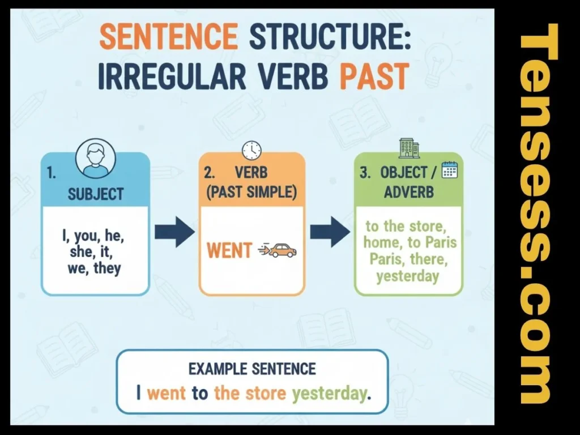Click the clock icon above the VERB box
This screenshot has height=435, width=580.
(x=251, y=150)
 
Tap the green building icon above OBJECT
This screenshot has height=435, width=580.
(x=409, y=148)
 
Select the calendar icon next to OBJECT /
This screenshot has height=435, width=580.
(x=449, y=170)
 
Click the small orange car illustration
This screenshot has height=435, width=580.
(x=281, y=250)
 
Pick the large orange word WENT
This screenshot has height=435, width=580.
(x=229, y=250)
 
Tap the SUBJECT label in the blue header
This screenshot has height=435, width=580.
(x=95, y=194)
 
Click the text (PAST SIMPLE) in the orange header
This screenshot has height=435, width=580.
(x=251, y=191)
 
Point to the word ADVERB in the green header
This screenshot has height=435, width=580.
(x=409, y=191)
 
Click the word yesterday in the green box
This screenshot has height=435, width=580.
(x=407, y=276)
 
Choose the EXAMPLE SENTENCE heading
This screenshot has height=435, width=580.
(x=252, y=369)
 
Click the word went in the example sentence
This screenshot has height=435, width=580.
(x=167, y=393)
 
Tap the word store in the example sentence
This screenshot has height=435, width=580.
(x=266, y=393)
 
